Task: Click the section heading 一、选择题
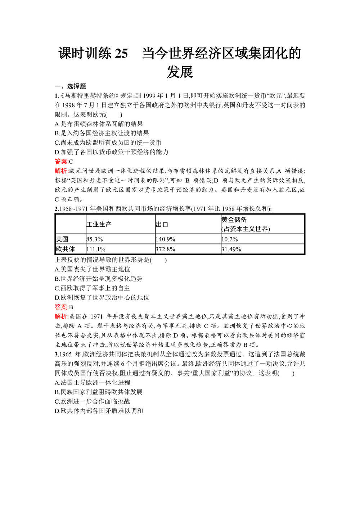coord(71,86)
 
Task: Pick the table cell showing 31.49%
coord(231,249)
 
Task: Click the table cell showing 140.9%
coord(166,239)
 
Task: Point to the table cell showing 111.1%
coord(96,249)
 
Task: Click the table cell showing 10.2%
coord(230,239)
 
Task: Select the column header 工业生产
coord(99,224)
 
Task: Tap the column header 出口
coord(162,224)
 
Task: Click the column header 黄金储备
coord(234,220)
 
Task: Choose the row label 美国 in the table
coord(62,239)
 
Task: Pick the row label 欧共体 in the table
coord(66,249)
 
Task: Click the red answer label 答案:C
coord(64,162)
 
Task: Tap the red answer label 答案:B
coord(64,307)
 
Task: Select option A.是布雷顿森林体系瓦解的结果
coord(99,124)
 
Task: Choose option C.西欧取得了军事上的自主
coord(92,288)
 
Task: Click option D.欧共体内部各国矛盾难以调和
coord(99,411)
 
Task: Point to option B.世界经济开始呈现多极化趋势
coord(99,279)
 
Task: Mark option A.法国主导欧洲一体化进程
coord(93,383)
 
